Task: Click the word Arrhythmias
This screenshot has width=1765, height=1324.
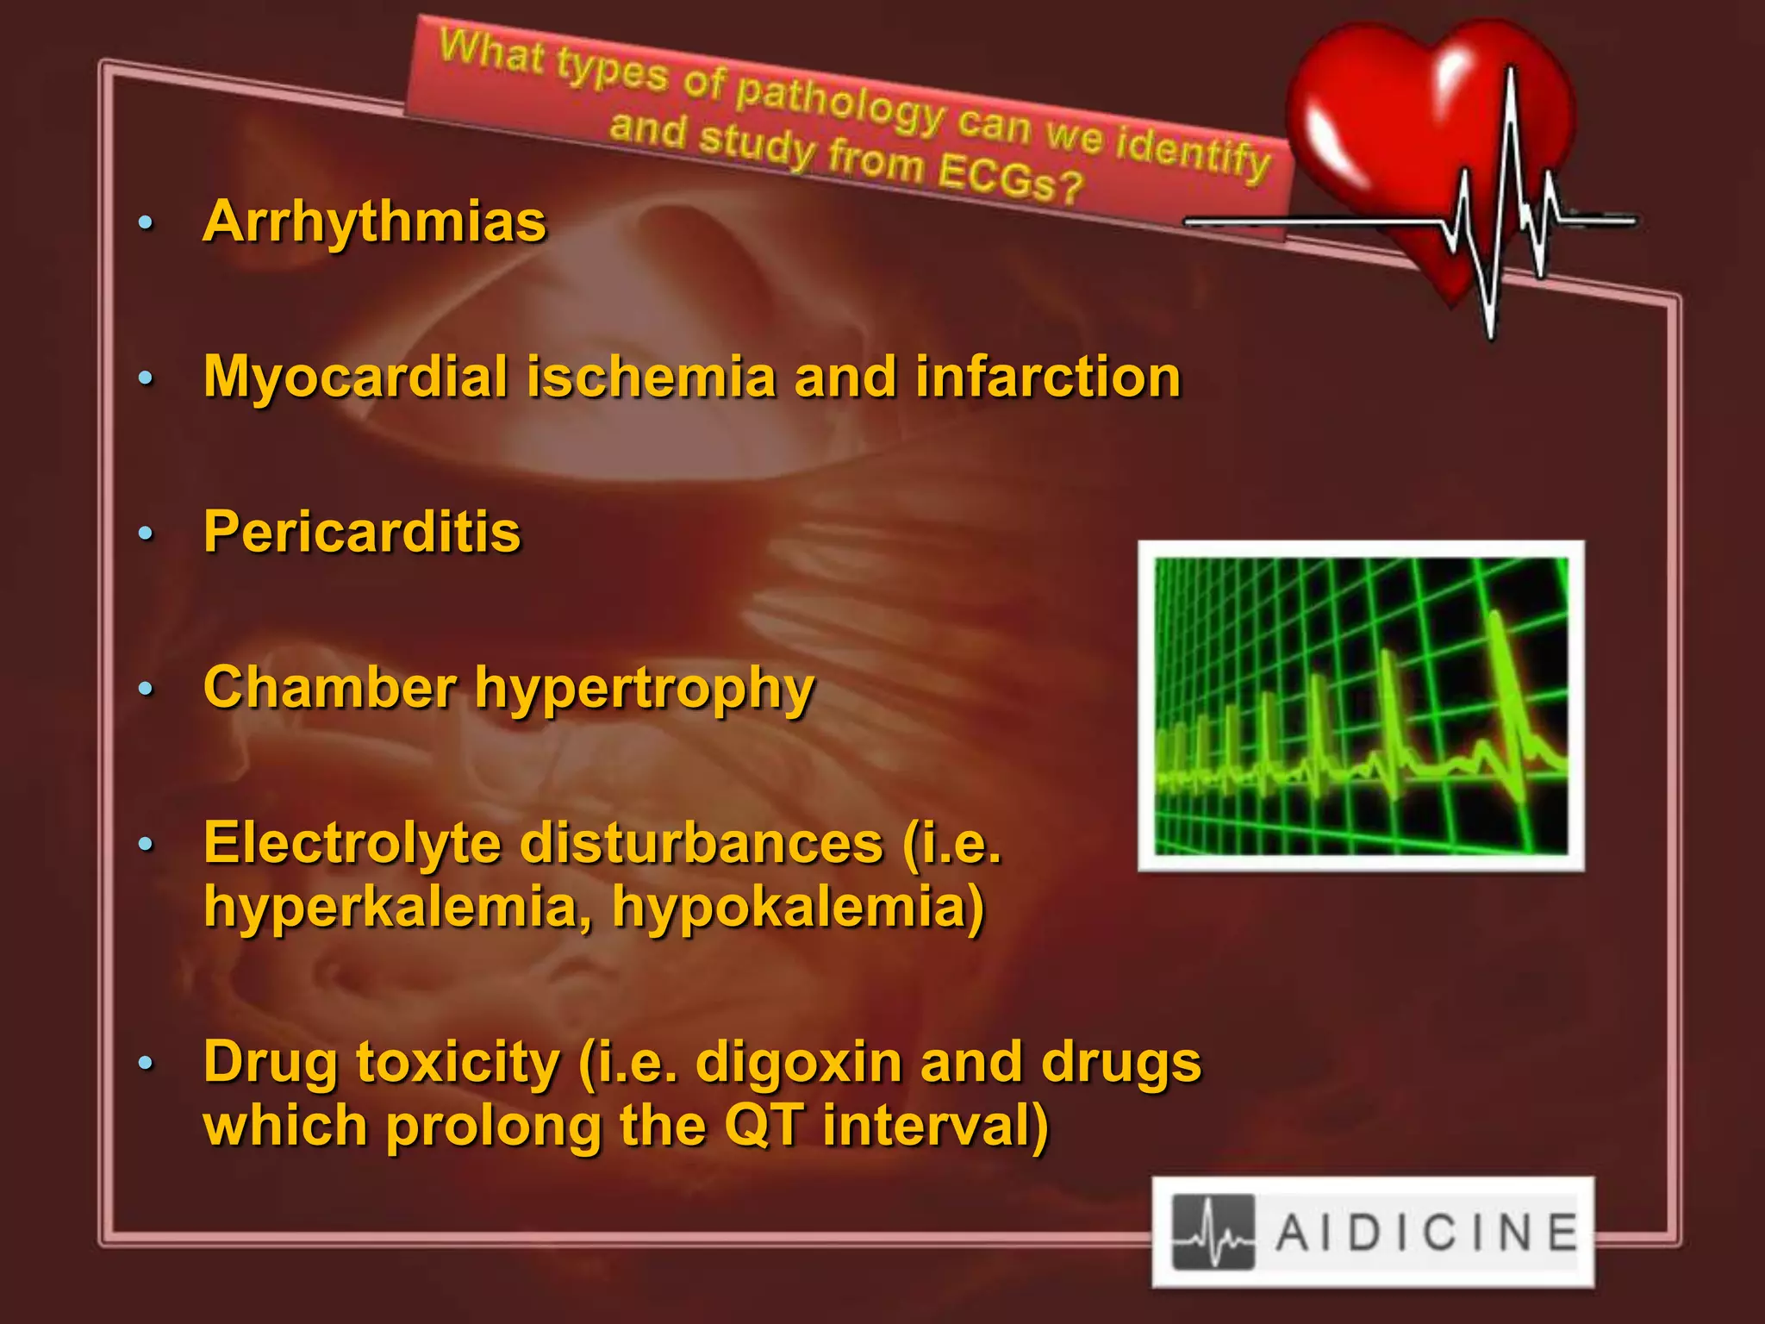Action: tap(374, 222)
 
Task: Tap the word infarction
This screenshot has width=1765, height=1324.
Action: tap(1047, 378)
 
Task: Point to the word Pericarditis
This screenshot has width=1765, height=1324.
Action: tap(362, 532)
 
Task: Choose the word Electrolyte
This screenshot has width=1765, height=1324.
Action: tap(352, 843)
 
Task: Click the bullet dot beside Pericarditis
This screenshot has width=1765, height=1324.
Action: tap(146, 534)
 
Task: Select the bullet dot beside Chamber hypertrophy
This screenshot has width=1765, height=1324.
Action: tap(146, 689)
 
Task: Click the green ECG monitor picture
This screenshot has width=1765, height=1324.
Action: tap(1361, 706)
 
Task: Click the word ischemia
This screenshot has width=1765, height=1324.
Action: tap(652, 378)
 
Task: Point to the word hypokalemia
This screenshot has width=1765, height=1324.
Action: tap(798, 909)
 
